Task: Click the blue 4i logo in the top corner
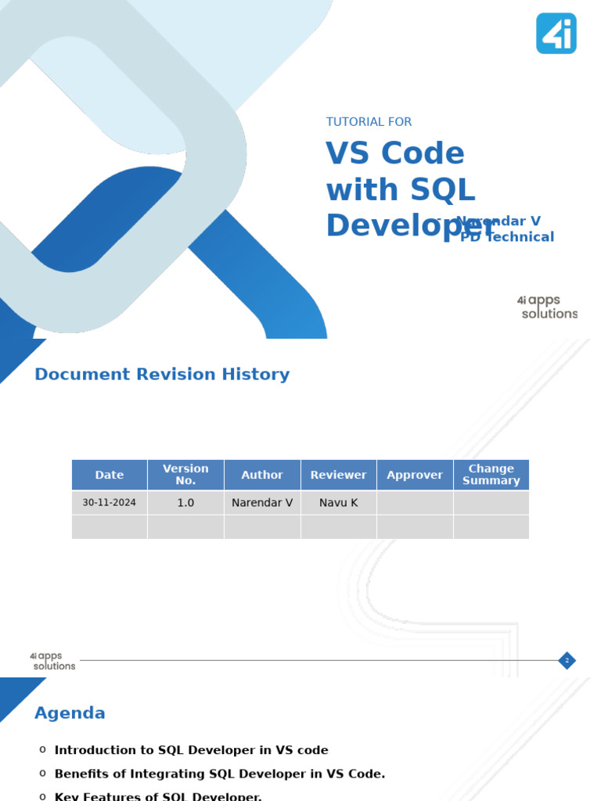(x=556, y=34)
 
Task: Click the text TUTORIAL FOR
(x=369, y=122)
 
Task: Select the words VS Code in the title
(x=395, y=153)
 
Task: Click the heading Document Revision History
(x=162, y=375)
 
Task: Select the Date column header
(x=110, y=475)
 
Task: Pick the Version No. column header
(x=185, y=475)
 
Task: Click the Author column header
(x=262, y=475)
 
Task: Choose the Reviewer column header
(x=338, y=475)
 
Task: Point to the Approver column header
(x=415, y=475)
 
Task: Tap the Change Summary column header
(x=491, y=475)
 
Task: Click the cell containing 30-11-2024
(x=110, y=503)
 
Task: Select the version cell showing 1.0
(x=185, y=503)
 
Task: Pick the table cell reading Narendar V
(x=262, y=503)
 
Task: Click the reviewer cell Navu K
(x=338, y=503)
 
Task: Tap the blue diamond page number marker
(x=567, y=661)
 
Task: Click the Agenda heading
(x=70, y=713)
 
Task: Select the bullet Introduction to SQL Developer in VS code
(x=192, y=750)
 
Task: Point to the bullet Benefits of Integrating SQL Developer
(x=220, y=774)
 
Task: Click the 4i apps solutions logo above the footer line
(x=52, y=661)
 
